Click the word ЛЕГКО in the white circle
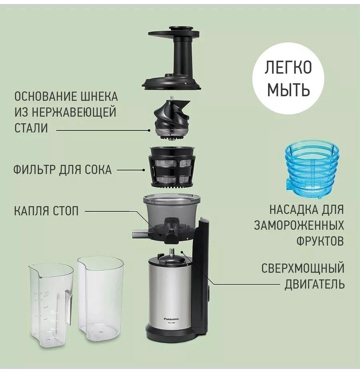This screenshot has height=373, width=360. pos(288,68)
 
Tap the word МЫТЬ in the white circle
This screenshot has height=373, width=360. pos(288,90)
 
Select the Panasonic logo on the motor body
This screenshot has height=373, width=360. pos(172,319)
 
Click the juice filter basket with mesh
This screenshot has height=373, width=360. pos(172,168)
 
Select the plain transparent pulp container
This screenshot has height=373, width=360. pos(101,296)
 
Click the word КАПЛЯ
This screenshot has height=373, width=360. pos(32,211)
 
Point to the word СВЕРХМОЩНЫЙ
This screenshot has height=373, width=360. pos(303,268)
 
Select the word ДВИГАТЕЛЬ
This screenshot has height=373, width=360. pos(314,284)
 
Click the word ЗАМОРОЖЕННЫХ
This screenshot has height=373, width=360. pos(299,225)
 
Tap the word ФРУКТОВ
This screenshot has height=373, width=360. pos(320,241)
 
